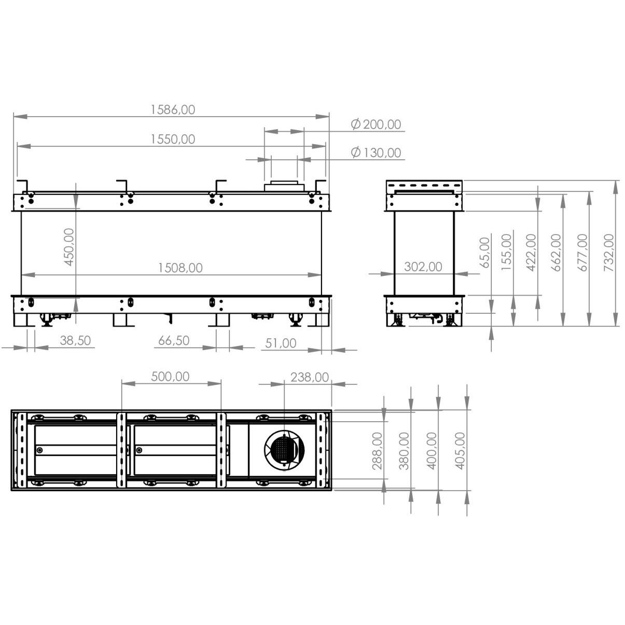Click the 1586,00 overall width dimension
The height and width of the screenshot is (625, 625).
[x=173, y=109]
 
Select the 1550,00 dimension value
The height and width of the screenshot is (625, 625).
[x=173, y=139]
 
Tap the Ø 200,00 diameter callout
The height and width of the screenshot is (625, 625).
[x=376, y=124]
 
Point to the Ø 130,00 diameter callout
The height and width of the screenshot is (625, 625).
[x=376, y=152]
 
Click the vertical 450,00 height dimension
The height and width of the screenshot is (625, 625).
[x=70, y=247]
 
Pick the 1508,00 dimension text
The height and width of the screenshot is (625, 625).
[x=180, y=268]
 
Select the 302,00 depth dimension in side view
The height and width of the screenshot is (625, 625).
[x=423, y=267]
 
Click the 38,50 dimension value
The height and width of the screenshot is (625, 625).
[x=75, y=340]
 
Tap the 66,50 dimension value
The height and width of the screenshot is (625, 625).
[x=174, y=340]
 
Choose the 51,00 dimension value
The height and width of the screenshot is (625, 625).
[x=281, y=343]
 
